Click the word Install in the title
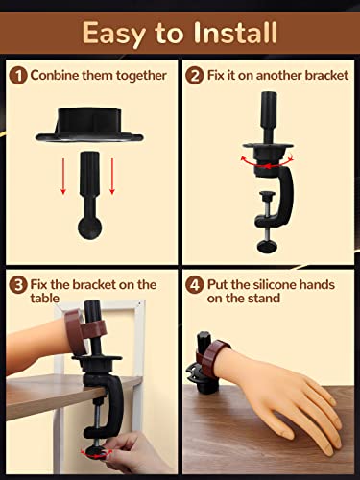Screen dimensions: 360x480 235,33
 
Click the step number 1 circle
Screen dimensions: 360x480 18,76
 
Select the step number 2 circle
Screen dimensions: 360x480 195,76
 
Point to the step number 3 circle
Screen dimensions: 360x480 18,285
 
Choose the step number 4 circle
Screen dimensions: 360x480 195,285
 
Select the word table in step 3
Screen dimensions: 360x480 45,299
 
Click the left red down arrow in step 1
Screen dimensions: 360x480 63,177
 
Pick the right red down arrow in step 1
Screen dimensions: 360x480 112,177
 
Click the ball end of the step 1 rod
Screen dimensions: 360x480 90,228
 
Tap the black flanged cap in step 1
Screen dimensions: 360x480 89,125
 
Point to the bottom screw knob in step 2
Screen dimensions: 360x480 267,246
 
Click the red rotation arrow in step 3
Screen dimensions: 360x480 96,453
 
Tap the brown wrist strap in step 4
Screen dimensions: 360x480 212,353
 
